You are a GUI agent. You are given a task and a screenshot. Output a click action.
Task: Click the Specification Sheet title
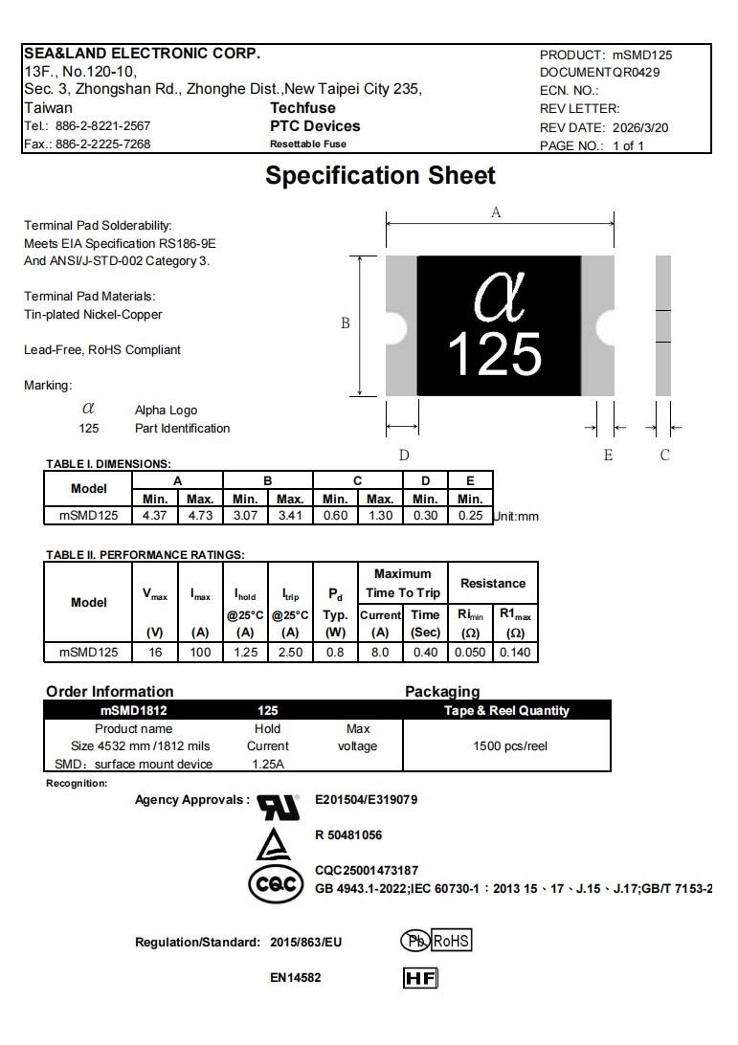pyautogui.click(x=380, y=176)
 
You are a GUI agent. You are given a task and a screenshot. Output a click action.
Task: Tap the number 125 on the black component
pyautogui.click(x=494, y=353)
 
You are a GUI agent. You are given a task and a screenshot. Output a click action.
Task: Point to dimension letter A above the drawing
pyautogui.click(x=496, y=213)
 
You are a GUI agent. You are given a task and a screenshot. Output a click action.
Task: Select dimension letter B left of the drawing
pyautogui.click(x=346, y=323)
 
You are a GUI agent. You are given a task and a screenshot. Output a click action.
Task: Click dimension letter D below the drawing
pyautogui.click(x=404, y=456)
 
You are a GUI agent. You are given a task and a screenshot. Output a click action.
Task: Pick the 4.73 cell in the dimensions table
pyautogui.click(x=200, y=516)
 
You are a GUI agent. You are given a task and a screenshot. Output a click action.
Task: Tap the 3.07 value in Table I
pyautogui.click(x=245, y=516)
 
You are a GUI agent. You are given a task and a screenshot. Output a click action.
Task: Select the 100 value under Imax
pyautogui.click(x=200, y=653)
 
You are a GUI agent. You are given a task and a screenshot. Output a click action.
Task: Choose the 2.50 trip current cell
pyautogui.click(x=290, y=653)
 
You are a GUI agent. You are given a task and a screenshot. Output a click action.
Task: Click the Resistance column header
pyautogui.click(x=493, y=583)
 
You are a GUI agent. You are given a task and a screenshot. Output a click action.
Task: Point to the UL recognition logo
pyautogui.click(x=279, y=806)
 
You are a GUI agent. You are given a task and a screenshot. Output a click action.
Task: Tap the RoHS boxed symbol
pyautogui.click(x=452, y=942)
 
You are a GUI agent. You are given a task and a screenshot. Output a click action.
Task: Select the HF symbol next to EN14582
pyautogui.click(x=421, y=978)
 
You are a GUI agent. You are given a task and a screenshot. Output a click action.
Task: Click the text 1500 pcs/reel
pyautogui.click(x=510, y=745)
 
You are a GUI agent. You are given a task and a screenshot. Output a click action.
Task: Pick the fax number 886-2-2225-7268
pyautogui.click(x=102, y=145)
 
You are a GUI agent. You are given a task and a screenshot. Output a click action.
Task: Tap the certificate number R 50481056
pyautogui.click(x=348, y=835)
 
